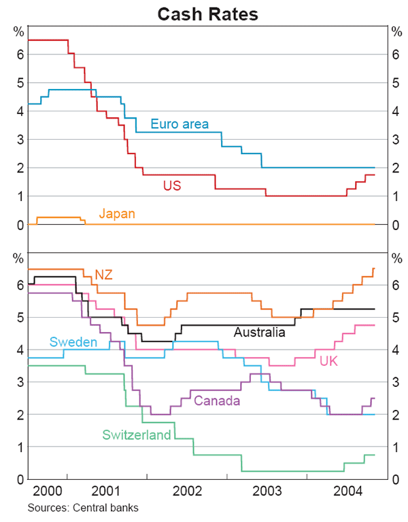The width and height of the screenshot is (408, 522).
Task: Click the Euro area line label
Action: (180, 124)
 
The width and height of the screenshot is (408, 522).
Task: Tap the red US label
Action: (171, 184)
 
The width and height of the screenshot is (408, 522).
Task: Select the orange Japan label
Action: (117, 214)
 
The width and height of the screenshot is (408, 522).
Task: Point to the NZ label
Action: (103, 274)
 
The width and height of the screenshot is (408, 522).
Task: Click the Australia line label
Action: (259, 333)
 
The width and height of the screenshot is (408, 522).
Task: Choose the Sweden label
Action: (73, 342)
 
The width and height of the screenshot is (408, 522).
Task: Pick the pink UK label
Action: (329, 361)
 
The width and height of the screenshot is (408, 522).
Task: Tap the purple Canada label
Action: (217, 400)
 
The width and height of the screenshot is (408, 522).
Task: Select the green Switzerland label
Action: (137, 435)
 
